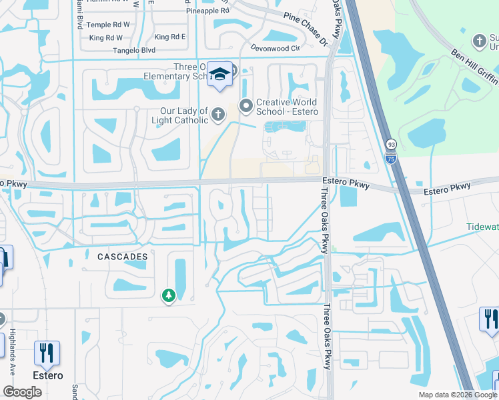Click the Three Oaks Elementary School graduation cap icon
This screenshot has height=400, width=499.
tap(218, 74)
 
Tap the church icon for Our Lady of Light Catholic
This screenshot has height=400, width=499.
tap(218, 115)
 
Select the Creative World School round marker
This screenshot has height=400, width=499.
tap(245, 105)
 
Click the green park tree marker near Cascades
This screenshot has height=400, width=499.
tap(169, 294)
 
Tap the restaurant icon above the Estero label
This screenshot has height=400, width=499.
tap(47, 353)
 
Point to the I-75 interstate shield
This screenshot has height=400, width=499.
tap(391, 157)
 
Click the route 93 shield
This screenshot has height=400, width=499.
tap(391, 145)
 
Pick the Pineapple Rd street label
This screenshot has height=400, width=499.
tap(207, 11)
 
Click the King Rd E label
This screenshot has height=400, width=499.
tap(170, 37)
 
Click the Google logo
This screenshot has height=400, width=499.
tap(22, 392)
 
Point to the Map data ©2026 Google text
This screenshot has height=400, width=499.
tap(457, 395)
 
